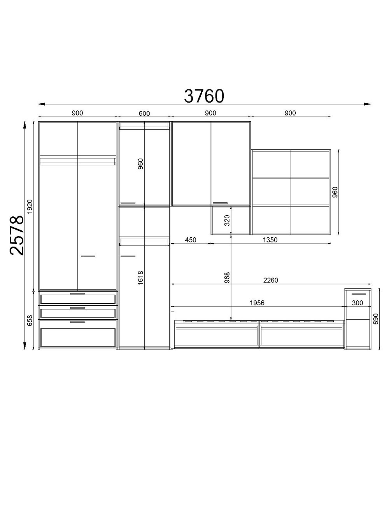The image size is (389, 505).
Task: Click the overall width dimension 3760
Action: [204, 96]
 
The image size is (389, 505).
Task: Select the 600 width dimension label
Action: [144, 113]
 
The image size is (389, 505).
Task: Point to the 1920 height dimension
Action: [30, 206]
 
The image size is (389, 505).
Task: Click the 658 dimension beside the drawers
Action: [30, 320]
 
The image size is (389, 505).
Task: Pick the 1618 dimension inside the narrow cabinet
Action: [140, 278]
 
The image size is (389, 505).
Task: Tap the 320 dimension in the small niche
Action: [227, 220]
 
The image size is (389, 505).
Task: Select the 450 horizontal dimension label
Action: [191, 240]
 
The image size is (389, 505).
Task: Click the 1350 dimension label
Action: [270, 240]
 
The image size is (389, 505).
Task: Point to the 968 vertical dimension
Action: [227, 277]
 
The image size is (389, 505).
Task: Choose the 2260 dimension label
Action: [271, 280]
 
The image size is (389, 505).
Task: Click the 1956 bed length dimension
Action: [257, 303]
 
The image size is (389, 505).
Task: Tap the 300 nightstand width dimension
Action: [357, 303]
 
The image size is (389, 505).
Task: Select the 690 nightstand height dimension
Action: [376, 319]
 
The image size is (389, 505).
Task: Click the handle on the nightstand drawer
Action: [359, 294]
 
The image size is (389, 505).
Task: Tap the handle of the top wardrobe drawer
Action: [77, 294]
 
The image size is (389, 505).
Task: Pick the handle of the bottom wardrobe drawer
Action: [77, 322]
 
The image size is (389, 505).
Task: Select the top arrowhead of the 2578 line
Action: [25, 125]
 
